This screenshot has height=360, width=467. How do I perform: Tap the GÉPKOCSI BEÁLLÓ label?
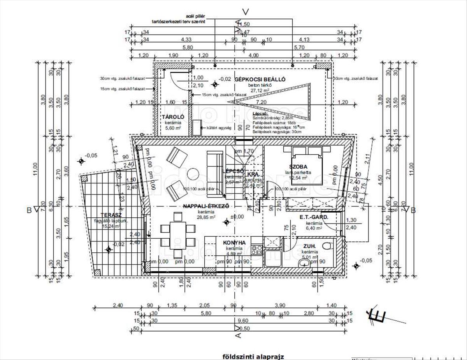point(260,79)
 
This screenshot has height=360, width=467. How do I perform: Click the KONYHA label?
point(234,243)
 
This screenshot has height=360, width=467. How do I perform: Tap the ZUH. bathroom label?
point(310,246)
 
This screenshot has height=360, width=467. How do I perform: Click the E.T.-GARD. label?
point(314,218)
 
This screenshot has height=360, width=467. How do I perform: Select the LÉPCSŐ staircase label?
point(233,171)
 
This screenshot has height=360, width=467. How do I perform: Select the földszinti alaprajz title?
point(253,356)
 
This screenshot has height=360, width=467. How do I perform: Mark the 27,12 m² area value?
point(260,90)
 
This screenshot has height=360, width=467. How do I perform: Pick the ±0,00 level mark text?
point(237,217)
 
